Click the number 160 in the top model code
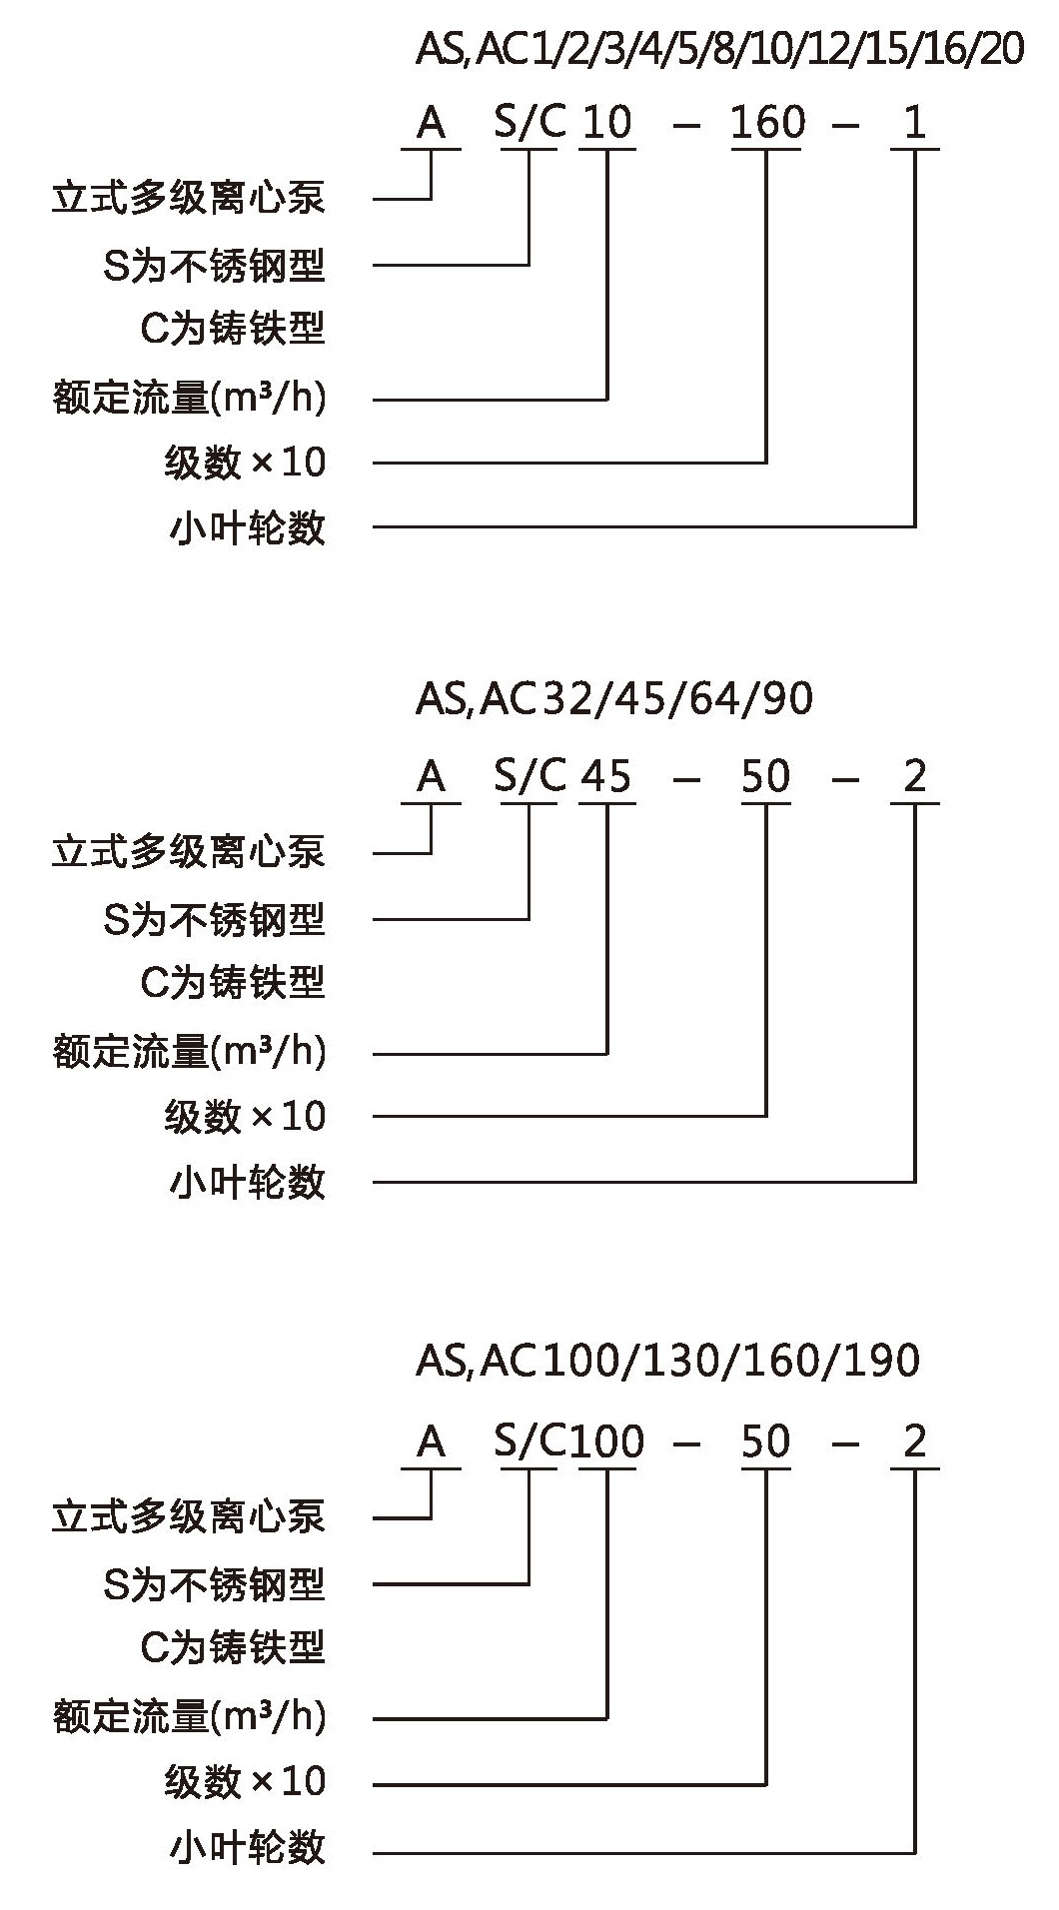[x=767, y=122]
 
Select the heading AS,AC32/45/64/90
[x=614, y=698]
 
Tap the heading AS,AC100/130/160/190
[x=667, y=1360]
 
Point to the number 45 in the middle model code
[x=606, y=776]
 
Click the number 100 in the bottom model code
[x=607, y=1440]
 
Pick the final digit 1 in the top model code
[x=914, y=122]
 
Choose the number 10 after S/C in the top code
[x=606, y=122]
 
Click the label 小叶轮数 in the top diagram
[x=248, y=526]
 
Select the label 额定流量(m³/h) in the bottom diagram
[x=190, y=1718]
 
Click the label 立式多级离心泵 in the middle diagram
[x=189, y=852]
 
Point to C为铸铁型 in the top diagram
[x=234, y=328]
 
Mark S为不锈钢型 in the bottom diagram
[x=215, y=1584]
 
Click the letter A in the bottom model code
[x=431, y=1440]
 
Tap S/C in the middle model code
[x=529, y=776]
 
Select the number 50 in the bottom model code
[x=766, y=1440]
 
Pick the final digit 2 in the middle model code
[x=915, y=776]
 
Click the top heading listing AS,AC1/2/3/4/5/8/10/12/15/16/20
[x=720, y=49]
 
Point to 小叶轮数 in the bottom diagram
[x=248, y=1846]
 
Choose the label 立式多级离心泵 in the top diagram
[x=189, y=198]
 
